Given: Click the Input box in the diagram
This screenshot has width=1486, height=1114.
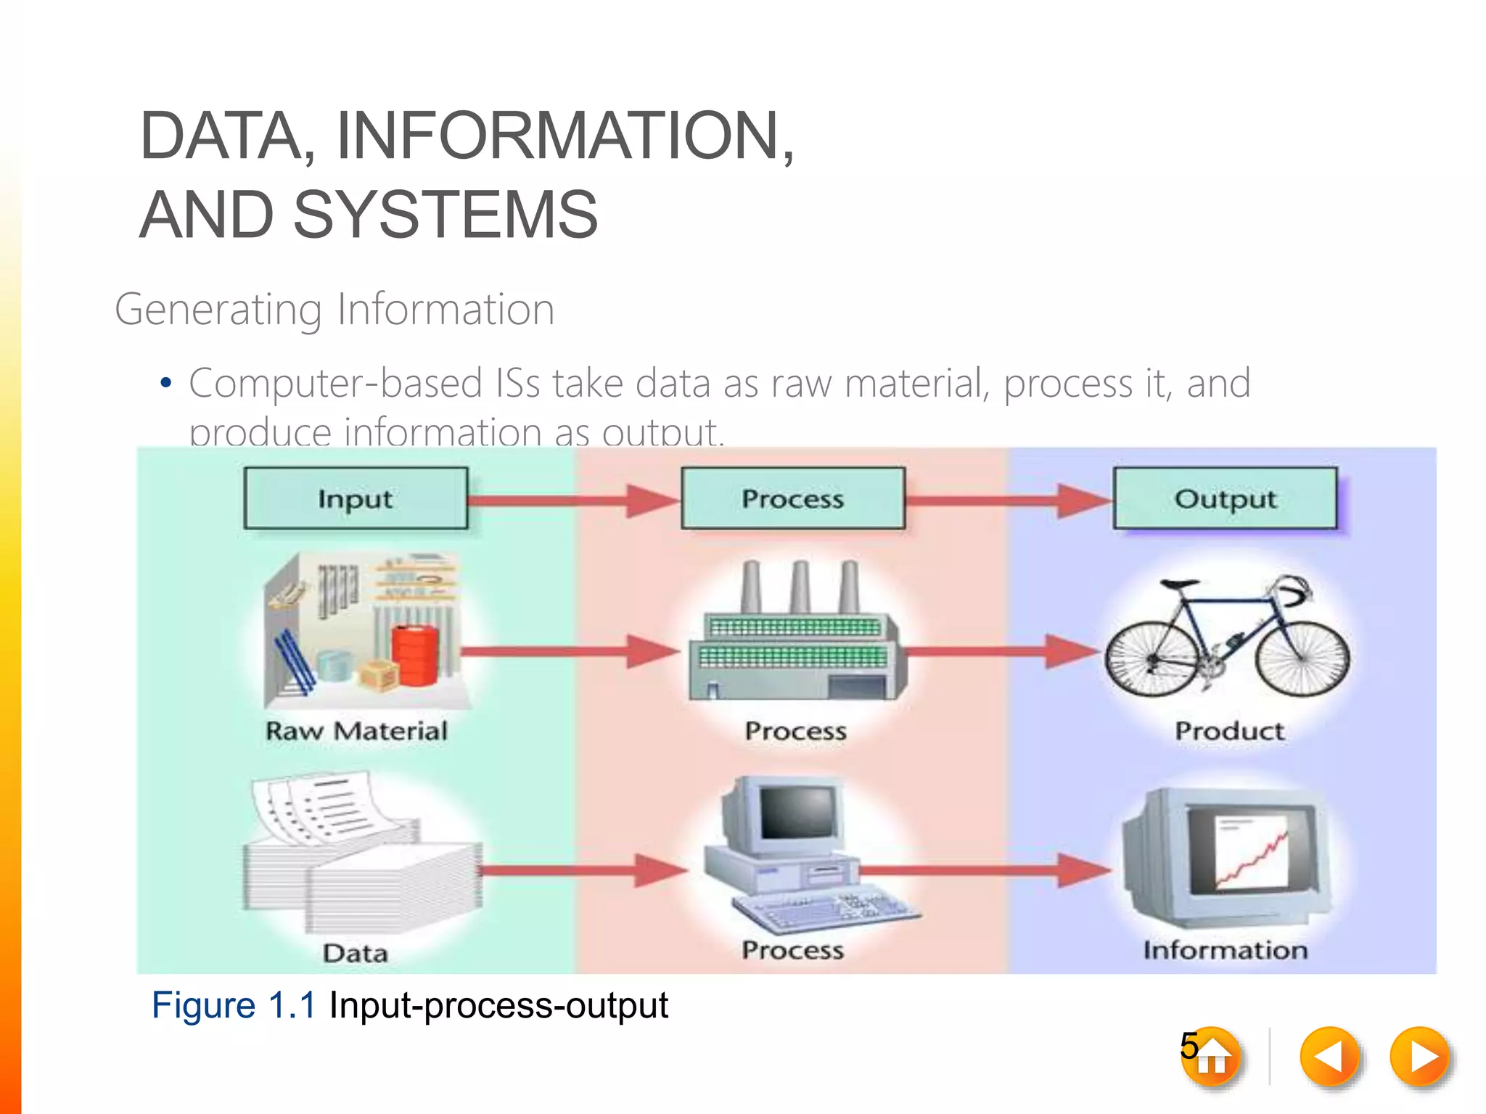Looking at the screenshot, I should (x=356, y=498).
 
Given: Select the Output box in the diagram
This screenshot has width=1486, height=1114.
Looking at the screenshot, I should (x=1225, y=498).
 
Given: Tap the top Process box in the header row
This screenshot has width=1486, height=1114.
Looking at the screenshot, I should (x=792, y=498).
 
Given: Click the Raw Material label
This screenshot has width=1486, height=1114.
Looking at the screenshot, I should (x=356, y=730).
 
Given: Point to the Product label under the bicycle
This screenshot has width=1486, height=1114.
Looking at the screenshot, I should (x=1229, y=730).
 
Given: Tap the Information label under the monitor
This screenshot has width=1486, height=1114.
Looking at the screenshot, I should (x=1225, y=949).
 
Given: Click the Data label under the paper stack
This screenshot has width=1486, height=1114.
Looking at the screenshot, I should (x=355, y=952).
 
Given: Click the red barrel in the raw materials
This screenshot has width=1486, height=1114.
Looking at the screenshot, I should (x=415, y=656).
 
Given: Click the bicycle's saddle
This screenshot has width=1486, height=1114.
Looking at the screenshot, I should (x=1179, y=584).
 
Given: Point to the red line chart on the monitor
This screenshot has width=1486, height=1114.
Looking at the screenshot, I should (x=1252, y=859).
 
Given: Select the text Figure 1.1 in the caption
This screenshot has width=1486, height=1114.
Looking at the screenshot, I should (x=234, y=1005).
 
